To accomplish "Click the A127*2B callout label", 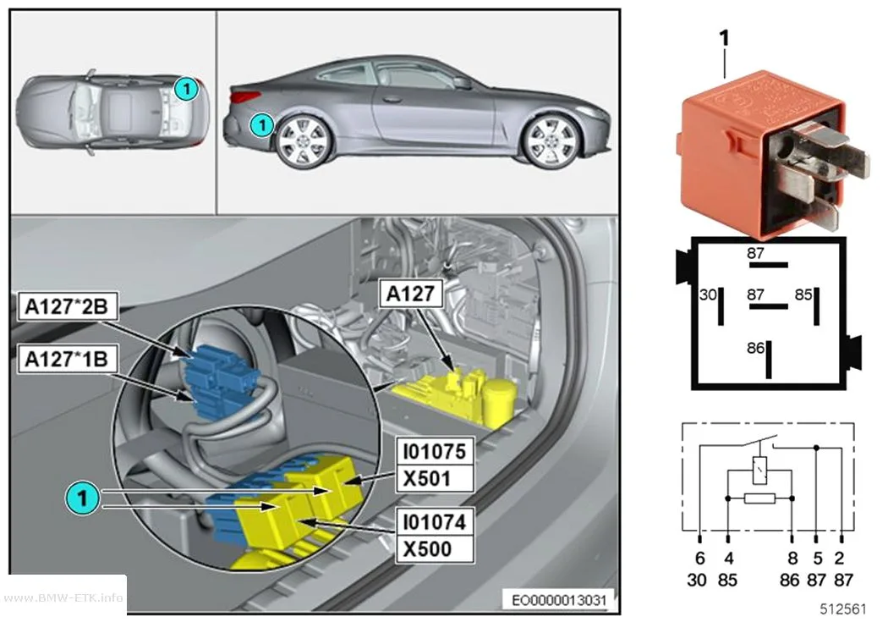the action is point(67,306).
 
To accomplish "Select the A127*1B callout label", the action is point(67,359).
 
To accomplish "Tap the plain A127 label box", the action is point(410,294).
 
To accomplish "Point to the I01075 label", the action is point(435,452).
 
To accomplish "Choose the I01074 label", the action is point(435,522).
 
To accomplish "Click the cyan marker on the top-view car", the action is point(186,88).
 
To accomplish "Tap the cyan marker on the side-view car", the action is point(261,124).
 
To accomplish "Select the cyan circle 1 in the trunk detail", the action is point(83,498).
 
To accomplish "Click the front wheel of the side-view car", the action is point(551,141).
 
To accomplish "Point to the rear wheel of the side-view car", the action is point(303,141).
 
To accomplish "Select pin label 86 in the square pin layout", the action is point(755,348).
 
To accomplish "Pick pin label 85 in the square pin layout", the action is point(803,294).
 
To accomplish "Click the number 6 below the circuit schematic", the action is point(700,559).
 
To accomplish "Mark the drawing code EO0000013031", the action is point(558,600).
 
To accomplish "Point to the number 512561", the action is point(843,609).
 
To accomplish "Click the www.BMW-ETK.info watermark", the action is point(63,597).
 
